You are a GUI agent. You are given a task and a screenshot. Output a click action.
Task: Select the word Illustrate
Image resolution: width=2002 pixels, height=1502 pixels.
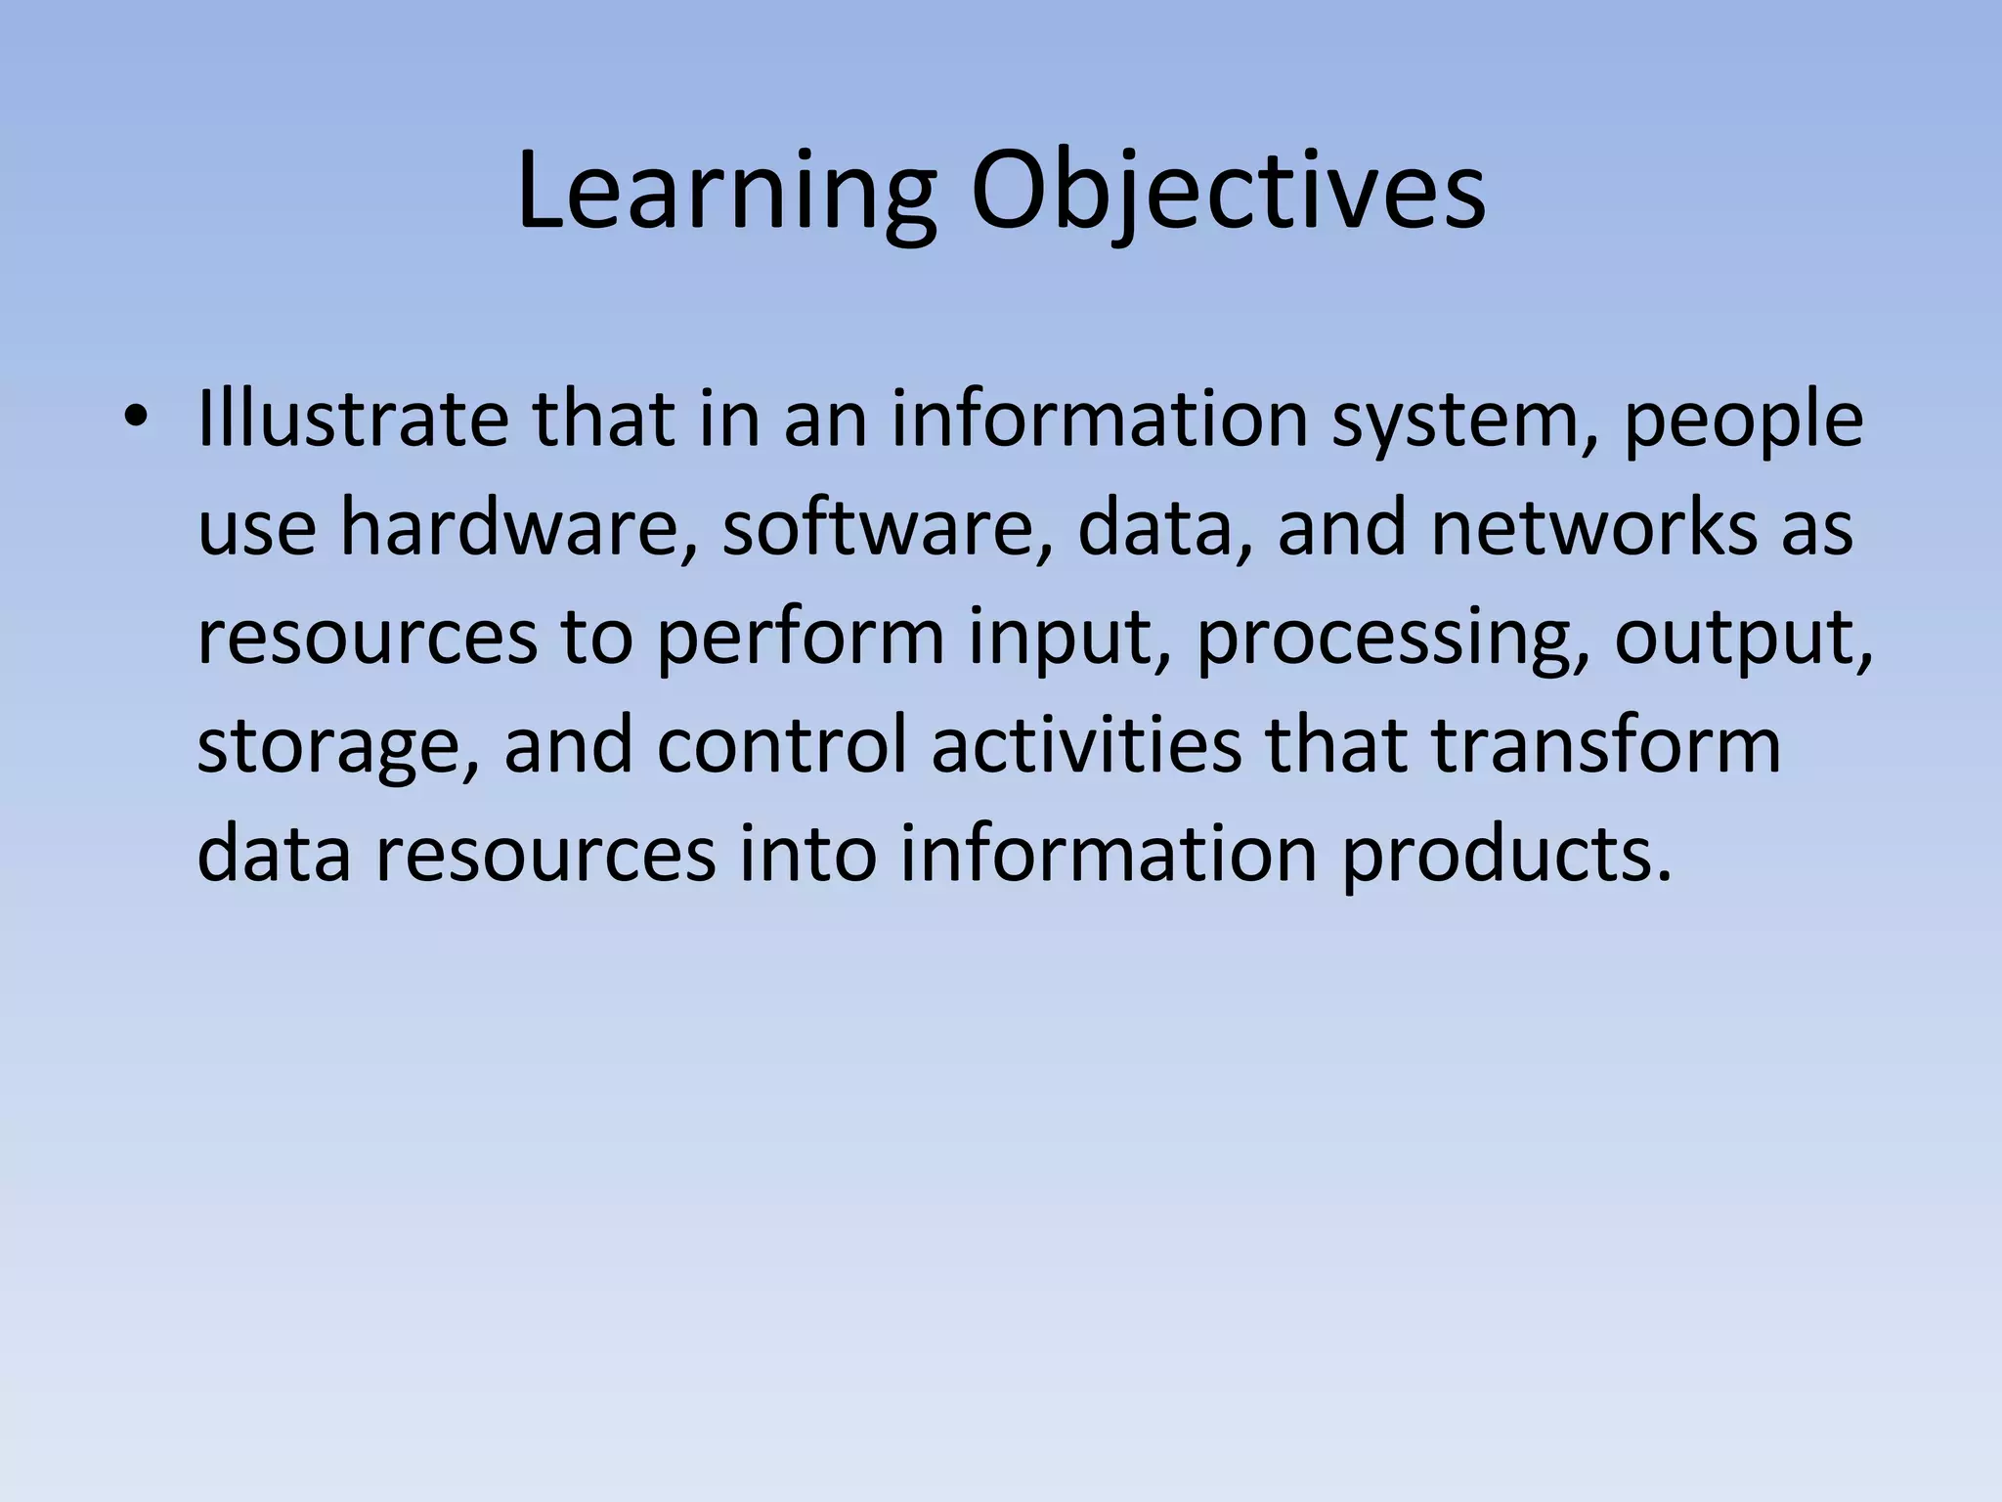coord(352,419)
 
